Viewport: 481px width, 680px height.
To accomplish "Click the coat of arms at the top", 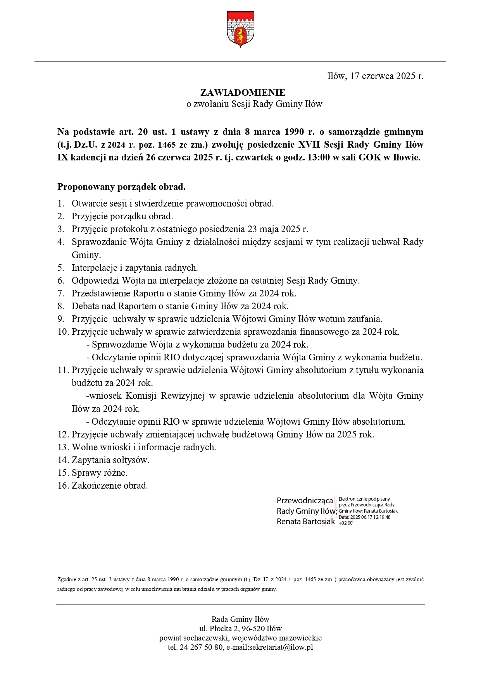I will (x=240, y=29).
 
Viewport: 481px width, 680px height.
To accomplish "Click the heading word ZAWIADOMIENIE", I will (x=243, y=93).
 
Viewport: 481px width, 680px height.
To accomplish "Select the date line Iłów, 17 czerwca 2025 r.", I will (x=375, y=76).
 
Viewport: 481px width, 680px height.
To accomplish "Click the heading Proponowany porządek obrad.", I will (x=122, y=187).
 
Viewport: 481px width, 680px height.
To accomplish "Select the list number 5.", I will (x=60, y=268).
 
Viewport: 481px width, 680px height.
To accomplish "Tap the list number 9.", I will (x=60, y=319).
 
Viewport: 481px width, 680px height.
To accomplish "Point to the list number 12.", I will (x=63, y=435).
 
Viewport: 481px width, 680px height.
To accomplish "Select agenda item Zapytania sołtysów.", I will (x=110, y=460).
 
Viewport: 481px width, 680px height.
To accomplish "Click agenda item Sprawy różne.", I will (x=100, y=473).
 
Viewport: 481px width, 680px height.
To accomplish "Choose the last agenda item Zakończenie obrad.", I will (x=110, y=486).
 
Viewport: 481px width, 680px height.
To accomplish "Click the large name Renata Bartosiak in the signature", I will (x=305, y=522).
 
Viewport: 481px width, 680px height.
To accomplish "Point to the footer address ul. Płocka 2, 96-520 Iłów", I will (x=240, y=628).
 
